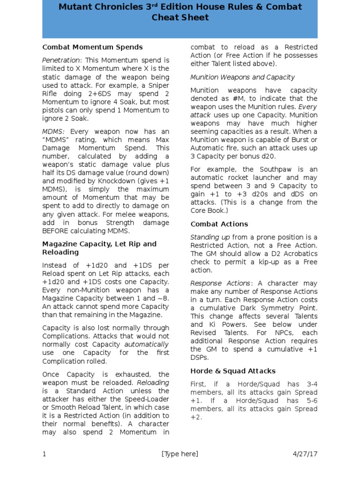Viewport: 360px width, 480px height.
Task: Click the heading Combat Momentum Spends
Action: coord(92,47)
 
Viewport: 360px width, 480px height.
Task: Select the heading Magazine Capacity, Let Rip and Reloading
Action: coord(99,248)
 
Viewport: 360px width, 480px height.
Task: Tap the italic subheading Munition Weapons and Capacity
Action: coord(242,77)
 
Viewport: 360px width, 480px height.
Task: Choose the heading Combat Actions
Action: coord(219,224)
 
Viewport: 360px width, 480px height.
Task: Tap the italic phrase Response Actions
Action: coord(220,283)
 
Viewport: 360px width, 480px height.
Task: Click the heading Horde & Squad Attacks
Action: coord(233,371)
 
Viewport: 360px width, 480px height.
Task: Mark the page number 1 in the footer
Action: coord(44,454)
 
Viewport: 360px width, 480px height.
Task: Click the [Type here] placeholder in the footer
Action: coord(180,454)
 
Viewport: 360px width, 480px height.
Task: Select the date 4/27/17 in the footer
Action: coord(305,454)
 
